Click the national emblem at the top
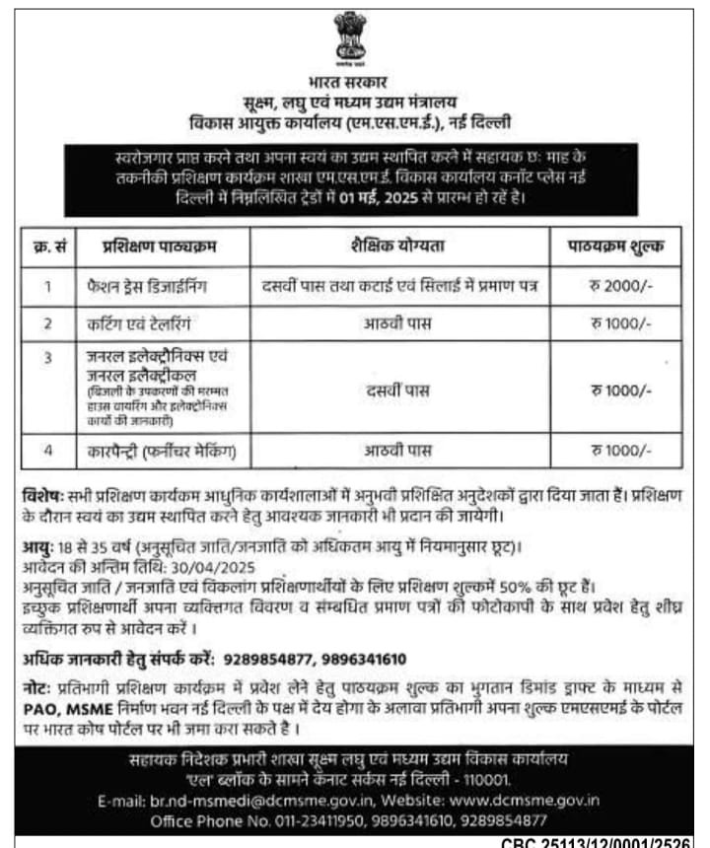pos(350,36)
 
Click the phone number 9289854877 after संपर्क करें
pos(267,658)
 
